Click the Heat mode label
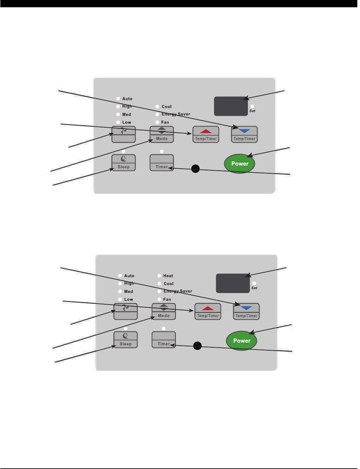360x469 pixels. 168,276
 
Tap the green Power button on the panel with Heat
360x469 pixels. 242,341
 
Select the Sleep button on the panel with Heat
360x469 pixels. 125,340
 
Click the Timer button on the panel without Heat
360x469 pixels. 162,163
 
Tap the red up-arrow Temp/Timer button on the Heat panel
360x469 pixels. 208,312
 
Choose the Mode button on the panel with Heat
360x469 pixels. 164,312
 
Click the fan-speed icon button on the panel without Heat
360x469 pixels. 123,134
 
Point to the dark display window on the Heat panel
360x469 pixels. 233,283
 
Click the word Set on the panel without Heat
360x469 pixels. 252,111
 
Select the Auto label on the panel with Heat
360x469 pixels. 129,276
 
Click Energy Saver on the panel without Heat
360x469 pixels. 176,114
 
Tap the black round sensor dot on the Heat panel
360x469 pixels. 197,346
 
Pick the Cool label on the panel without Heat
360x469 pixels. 167,107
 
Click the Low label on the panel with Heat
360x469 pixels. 129,299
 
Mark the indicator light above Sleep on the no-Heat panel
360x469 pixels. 124,151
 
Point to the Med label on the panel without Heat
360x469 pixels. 127,114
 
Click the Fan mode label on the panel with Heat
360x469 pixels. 167,299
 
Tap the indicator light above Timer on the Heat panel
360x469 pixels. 164,328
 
